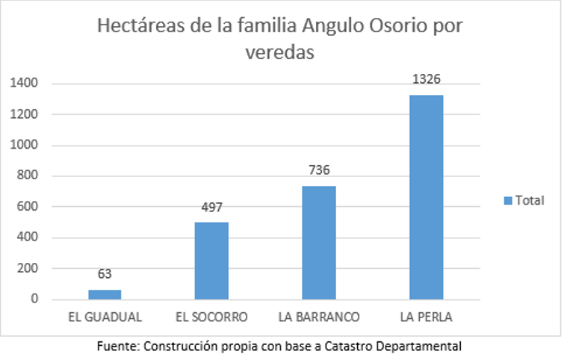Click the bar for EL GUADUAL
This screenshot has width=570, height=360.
click(x=105, y=294)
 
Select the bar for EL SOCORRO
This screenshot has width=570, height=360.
click(x=211, y=261)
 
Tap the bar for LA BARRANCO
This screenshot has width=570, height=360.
click(x=319, y=242)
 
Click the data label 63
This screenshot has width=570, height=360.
click(x=105, y=274)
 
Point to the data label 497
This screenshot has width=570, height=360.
click(x=211, y=208)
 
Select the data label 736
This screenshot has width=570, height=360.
click(x=319, y=170)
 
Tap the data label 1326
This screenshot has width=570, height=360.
click(x=427, y=80)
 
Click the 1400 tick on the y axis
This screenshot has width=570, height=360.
click(x=24, y=84)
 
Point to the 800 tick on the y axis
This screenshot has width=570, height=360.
click(x=28, y=176)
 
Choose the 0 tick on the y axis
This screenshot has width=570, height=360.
click(x=34, y=300)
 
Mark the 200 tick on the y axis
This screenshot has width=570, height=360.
click(x=28, y=269)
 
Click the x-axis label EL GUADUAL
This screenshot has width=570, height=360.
click(x=105, y=317)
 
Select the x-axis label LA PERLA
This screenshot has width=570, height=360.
click(x=427, y=317)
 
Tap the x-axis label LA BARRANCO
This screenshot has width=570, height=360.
click(x=319, y=317)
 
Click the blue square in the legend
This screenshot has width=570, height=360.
click(x=508, y=200)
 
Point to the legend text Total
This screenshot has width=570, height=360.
click(x=530, y=200)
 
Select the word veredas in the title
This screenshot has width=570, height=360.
click(x=279, y=54)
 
